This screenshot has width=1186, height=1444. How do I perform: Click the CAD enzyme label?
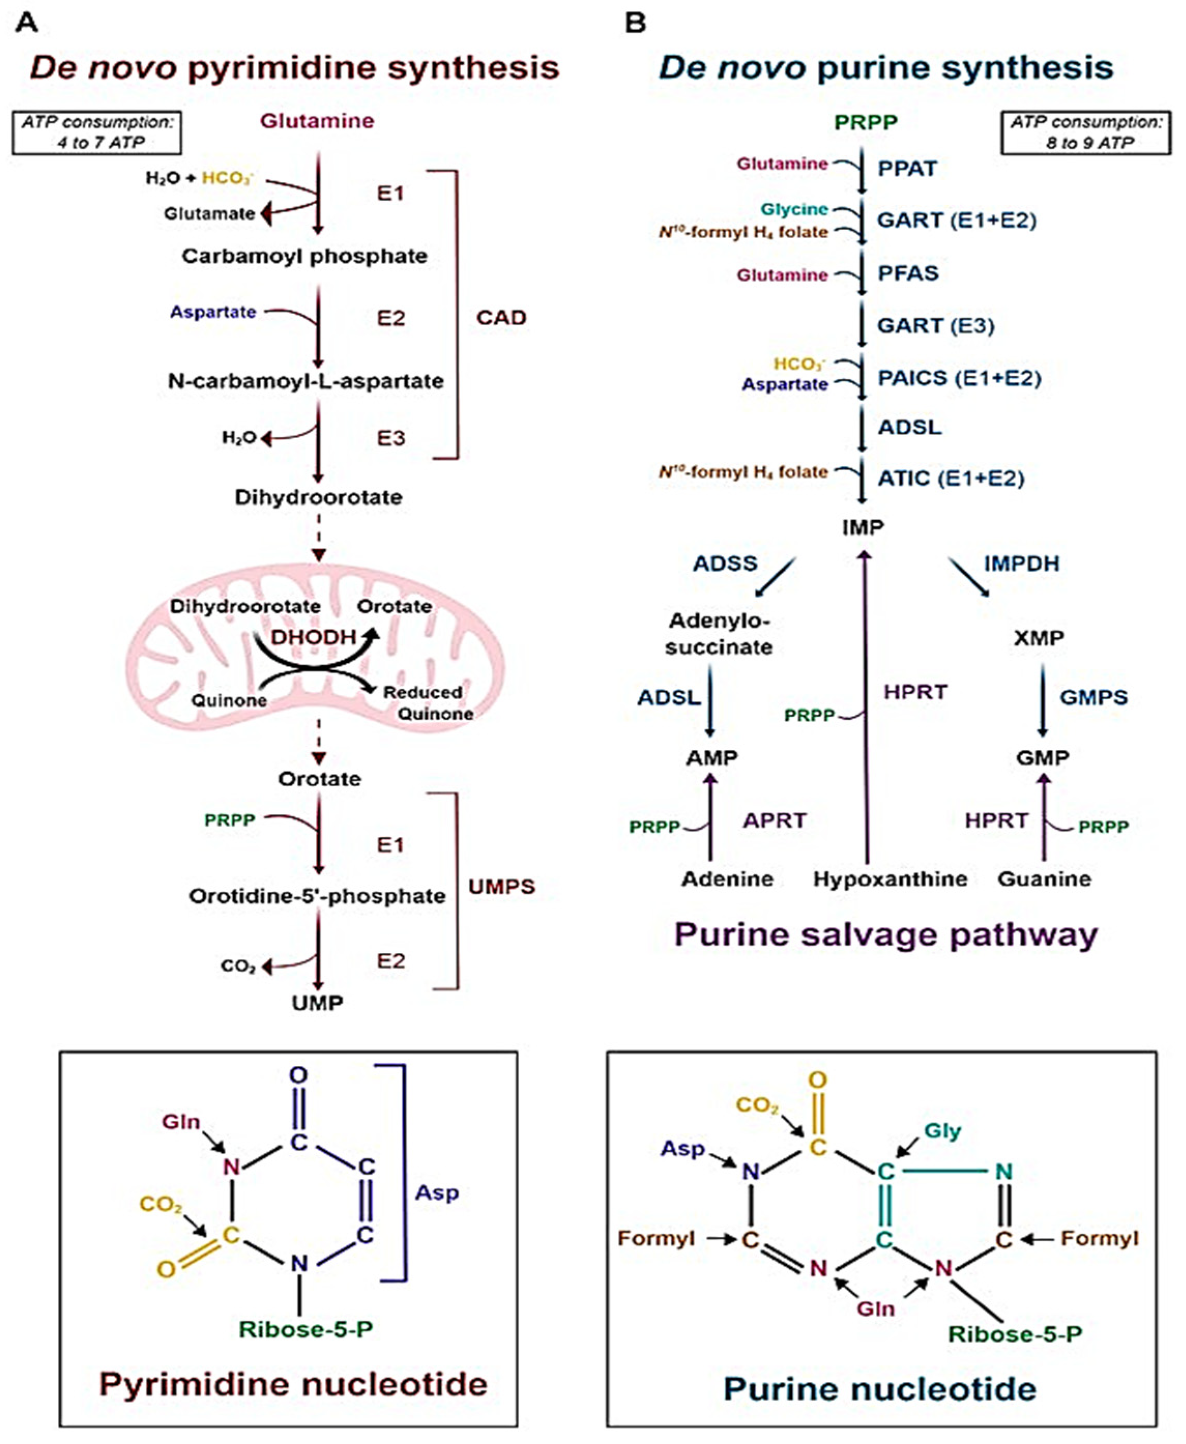coord(501,318)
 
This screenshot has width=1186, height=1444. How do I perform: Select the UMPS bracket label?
coord(502,886)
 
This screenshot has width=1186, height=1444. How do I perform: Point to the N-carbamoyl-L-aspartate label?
coord(305,381)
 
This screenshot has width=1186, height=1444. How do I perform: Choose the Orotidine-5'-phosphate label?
coord(317,896)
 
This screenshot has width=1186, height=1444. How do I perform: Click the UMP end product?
coord(317,1003)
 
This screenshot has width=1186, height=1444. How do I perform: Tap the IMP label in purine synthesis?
coord(863,527)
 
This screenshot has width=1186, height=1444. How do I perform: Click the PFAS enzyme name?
coord(908,273)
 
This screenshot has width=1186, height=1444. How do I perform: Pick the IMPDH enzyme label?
coord(1021,564)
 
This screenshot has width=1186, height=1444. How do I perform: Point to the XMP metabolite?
coord(1038,638)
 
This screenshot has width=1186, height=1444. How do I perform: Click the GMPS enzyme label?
coord(1093,697)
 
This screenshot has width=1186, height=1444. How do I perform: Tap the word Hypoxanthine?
coord(889,879)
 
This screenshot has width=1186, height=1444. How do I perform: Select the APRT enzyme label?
coord(775,820)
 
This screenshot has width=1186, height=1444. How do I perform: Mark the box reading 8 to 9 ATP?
coord(1086,133)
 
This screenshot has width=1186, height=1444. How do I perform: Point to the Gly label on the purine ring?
coord(942,1131)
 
